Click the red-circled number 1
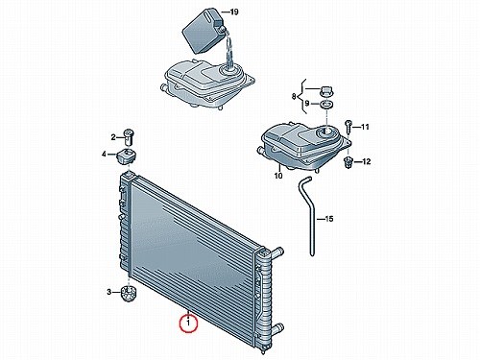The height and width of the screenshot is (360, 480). [188, 324]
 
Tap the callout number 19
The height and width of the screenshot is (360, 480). [234, 12]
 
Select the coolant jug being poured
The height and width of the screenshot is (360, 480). [204, 32]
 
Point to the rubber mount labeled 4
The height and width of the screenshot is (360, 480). [127, 156]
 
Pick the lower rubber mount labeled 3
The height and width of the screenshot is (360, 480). [129, 294]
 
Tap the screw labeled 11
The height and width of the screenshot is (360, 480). [348, 126]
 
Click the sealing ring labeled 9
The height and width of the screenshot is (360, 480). [326, 104]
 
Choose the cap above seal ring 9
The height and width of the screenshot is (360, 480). [326, 91]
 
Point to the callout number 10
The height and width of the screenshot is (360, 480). [278, 176]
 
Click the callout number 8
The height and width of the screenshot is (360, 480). [294, 96]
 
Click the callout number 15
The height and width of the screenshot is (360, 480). [329, 219]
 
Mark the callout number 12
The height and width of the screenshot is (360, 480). [366, 161]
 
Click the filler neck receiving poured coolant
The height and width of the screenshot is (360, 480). [229, 69]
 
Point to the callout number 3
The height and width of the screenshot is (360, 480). [109, 292]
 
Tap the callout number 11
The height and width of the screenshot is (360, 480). [365, 127]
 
